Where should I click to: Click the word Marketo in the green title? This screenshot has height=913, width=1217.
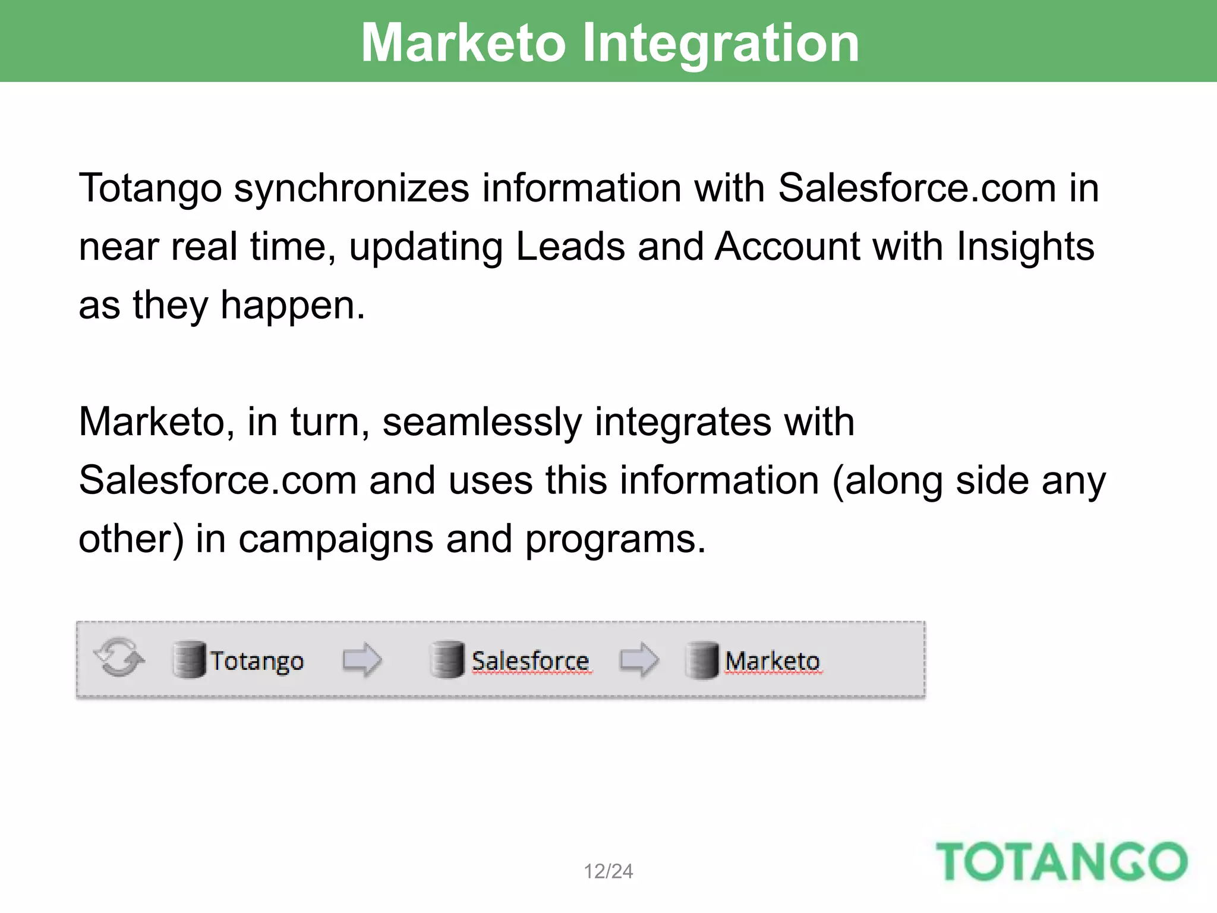tap(464, 43)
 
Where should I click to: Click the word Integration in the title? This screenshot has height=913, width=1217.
tap(720, 43)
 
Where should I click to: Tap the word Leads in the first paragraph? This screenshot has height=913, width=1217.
tap(570, 247)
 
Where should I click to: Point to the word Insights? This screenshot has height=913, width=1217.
tap(1025, 247)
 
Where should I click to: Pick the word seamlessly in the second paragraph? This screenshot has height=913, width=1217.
tap(481, 422)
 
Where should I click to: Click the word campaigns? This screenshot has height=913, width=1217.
tap(336, 539)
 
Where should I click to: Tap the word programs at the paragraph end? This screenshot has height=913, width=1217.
tap(615, 539)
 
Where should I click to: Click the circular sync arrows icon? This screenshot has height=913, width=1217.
tap(119, 658)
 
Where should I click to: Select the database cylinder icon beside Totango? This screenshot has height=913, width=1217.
tap(190, 660)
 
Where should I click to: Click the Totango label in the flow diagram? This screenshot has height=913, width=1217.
tap(257, 661)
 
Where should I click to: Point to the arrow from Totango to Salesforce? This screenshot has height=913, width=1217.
tap(362, 660)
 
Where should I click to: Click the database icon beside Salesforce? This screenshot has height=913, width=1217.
tap(447, 660)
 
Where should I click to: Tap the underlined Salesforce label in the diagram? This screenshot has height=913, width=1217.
tap(530, 661)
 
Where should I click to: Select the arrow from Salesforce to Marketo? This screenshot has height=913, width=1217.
tap(639, 660)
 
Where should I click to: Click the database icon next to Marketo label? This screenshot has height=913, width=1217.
tap(702, 660)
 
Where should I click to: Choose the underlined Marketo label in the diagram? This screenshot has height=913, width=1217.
tap(773, 661)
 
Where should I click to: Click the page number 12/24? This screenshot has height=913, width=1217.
tap(608, 871)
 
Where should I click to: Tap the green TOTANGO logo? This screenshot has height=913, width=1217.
tap(1061, 861)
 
